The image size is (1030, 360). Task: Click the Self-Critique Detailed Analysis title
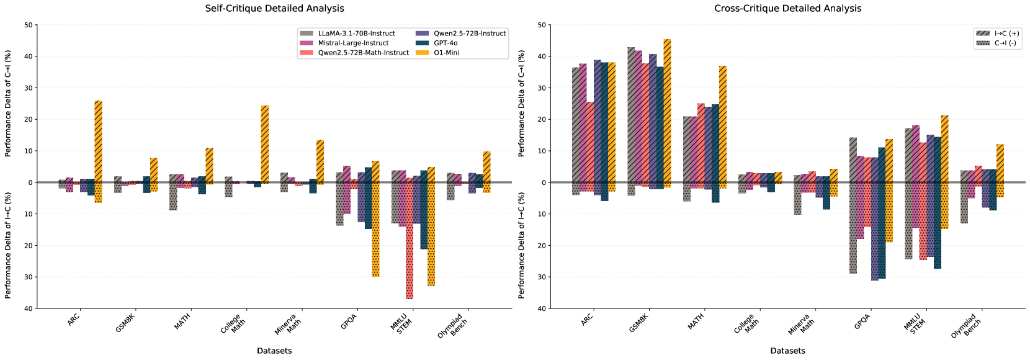click(274, 9)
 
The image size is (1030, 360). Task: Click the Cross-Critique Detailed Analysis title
click(787, 9)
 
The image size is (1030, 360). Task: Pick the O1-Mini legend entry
click(446, 53)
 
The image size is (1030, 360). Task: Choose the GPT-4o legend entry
click(446, 43)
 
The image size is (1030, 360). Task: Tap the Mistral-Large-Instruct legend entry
click(353, 43)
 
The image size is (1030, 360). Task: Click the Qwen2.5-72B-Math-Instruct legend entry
click(363, 53)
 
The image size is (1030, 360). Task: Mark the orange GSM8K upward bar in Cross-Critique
click(667, 111)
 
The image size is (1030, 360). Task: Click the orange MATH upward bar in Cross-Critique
click(723, 124)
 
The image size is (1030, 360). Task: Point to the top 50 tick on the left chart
click(28, 25)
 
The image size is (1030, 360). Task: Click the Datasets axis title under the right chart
click(787, 351)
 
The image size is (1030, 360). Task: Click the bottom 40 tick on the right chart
click(541, 308)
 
